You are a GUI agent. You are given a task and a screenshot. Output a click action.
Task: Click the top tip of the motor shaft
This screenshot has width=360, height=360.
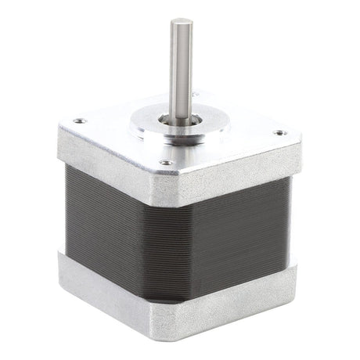(178, 23)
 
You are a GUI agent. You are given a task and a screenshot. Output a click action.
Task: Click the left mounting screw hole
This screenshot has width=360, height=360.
(79, 121)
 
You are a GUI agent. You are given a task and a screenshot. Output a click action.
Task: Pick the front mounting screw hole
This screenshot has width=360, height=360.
(166, 162)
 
